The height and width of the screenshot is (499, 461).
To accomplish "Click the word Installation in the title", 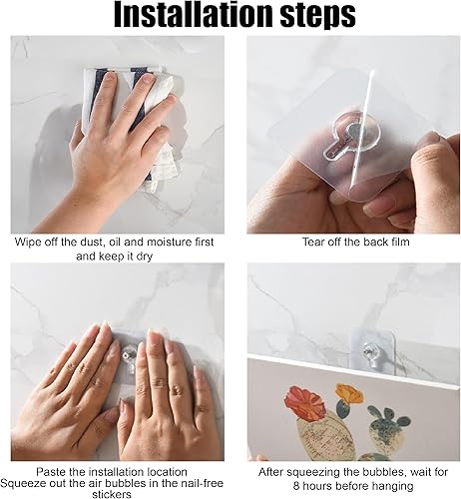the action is click(x=195, y=15).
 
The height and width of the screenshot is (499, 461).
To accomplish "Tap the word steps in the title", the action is click(x=318, y=16).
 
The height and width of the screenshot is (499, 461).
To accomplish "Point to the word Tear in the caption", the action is click(x=313, y=242).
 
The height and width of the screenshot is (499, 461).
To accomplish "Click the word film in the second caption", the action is click(x=398, y=242).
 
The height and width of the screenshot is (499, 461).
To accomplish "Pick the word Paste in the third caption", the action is click(x=51, y=472).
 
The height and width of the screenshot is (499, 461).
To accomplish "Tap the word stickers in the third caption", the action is click(x=112, y=494).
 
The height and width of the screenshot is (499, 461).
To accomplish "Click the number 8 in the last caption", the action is click(x=296, y=486).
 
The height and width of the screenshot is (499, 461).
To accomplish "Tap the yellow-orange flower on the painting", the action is click(x=349, y=393).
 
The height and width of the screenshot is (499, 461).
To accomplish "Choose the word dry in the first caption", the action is click(x=145, y=256).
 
